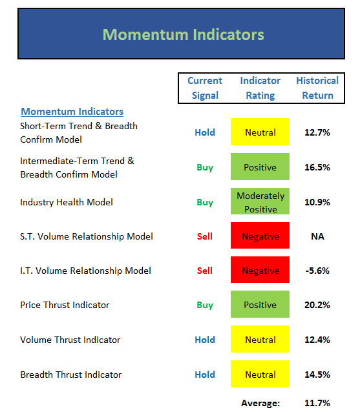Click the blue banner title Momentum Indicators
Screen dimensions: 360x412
click(x=184, y=35)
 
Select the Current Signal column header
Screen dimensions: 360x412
click(x=205, y=88)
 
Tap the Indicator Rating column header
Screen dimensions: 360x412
click(x=260, y=88)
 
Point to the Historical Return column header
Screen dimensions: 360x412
click(x=317, y=88)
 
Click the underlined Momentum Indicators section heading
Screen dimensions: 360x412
click(x=72, y=112)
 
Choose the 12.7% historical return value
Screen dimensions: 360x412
click(x=317, y=132)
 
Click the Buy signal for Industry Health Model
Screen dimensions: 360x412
click(x=205, y=203)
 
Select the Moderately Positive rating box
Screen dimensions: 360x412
click(x=260, y=201)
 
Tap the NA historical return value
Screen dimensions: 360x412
click(x=317, y=236)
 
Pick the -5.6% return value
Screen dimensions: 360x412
click(x=317, y=271)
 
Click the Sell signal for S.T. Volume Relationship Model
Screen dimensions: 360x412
click(x=205, y=236)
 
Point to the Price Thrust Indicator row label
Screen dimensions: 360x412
click(x=65, y=305)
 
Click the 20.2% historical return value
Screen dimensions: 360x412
click(x=317, y=305)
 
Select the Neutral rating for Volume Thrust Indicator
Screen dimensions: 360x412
click(x=260, y=339)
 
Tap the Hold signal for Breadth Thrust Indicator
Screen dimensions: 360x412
click(x=205, y=375)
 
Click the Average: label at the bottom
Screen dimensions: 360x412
click(x=260, y=403)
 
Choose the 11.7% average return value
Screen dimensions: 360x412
click(x=317, y=403)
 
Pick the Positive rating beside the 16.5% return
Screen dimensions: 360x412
click(x=260, y=167)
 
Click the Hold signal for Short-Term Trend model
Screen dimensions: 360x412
click(x=205, y=132)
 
